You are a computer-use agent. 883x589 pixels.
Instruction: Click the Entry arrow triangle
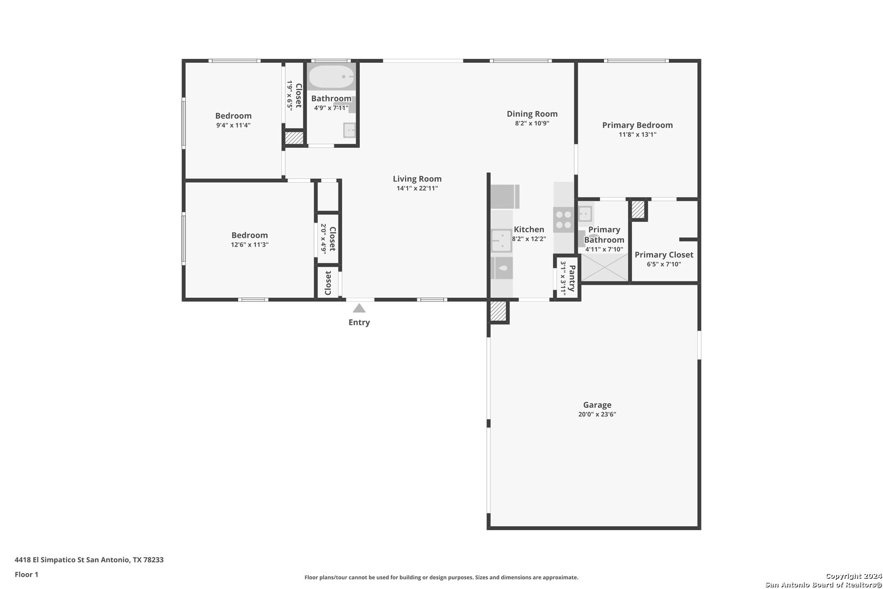point(359,308)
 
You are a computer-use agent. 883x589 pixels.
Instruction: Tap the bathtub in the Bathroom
point(331,76)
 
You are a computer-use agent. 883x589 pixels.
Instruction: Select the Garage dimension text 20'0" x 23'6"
point(597,414)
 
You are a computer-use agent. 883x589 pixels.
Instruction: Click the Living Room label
point(417,179)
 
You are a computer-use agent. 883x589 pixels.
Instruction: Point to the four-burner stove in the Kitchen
point(563,220)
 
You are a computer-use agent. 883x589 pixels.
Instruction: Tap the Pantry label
point(572,279)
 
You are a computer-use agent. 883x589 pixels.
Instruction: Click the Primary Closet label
point(664,255)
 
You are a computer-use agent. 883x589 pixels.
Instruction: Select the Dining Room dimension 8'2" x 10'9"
point(532,123)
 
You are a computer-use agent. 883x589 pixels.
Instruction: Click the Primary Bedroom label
point(637,125)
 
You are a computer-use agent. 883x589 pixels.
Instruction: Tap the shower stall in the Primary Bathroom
point(604,267)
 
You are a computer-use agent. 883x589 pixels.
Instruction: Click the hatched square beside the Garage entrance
point(498,311)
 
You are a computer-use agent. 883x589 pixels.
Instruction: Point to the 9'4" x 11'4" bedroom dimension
point(233,125)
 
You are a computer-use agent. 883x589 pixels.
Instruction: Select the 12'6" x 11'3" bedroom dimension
point(250,244)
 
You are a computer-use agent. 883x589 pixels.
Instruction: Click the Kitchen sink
point(501,241)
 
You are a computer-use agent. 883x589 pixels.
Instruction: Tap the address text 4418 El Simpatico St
point(50,560)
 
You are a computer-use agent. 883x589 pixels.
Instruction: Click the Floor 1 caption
point(26,574)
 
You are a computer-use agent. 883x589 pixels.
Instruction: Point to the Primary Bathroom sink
point(585,214)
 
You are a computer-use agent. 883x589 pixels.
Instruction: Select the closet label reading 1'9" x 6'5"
point(290,95)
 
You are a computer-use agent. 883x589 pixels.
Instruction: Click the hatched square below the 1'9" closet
point(294,138)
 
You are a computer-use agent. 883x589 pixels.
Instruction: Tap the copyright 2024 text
point(854,576)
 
